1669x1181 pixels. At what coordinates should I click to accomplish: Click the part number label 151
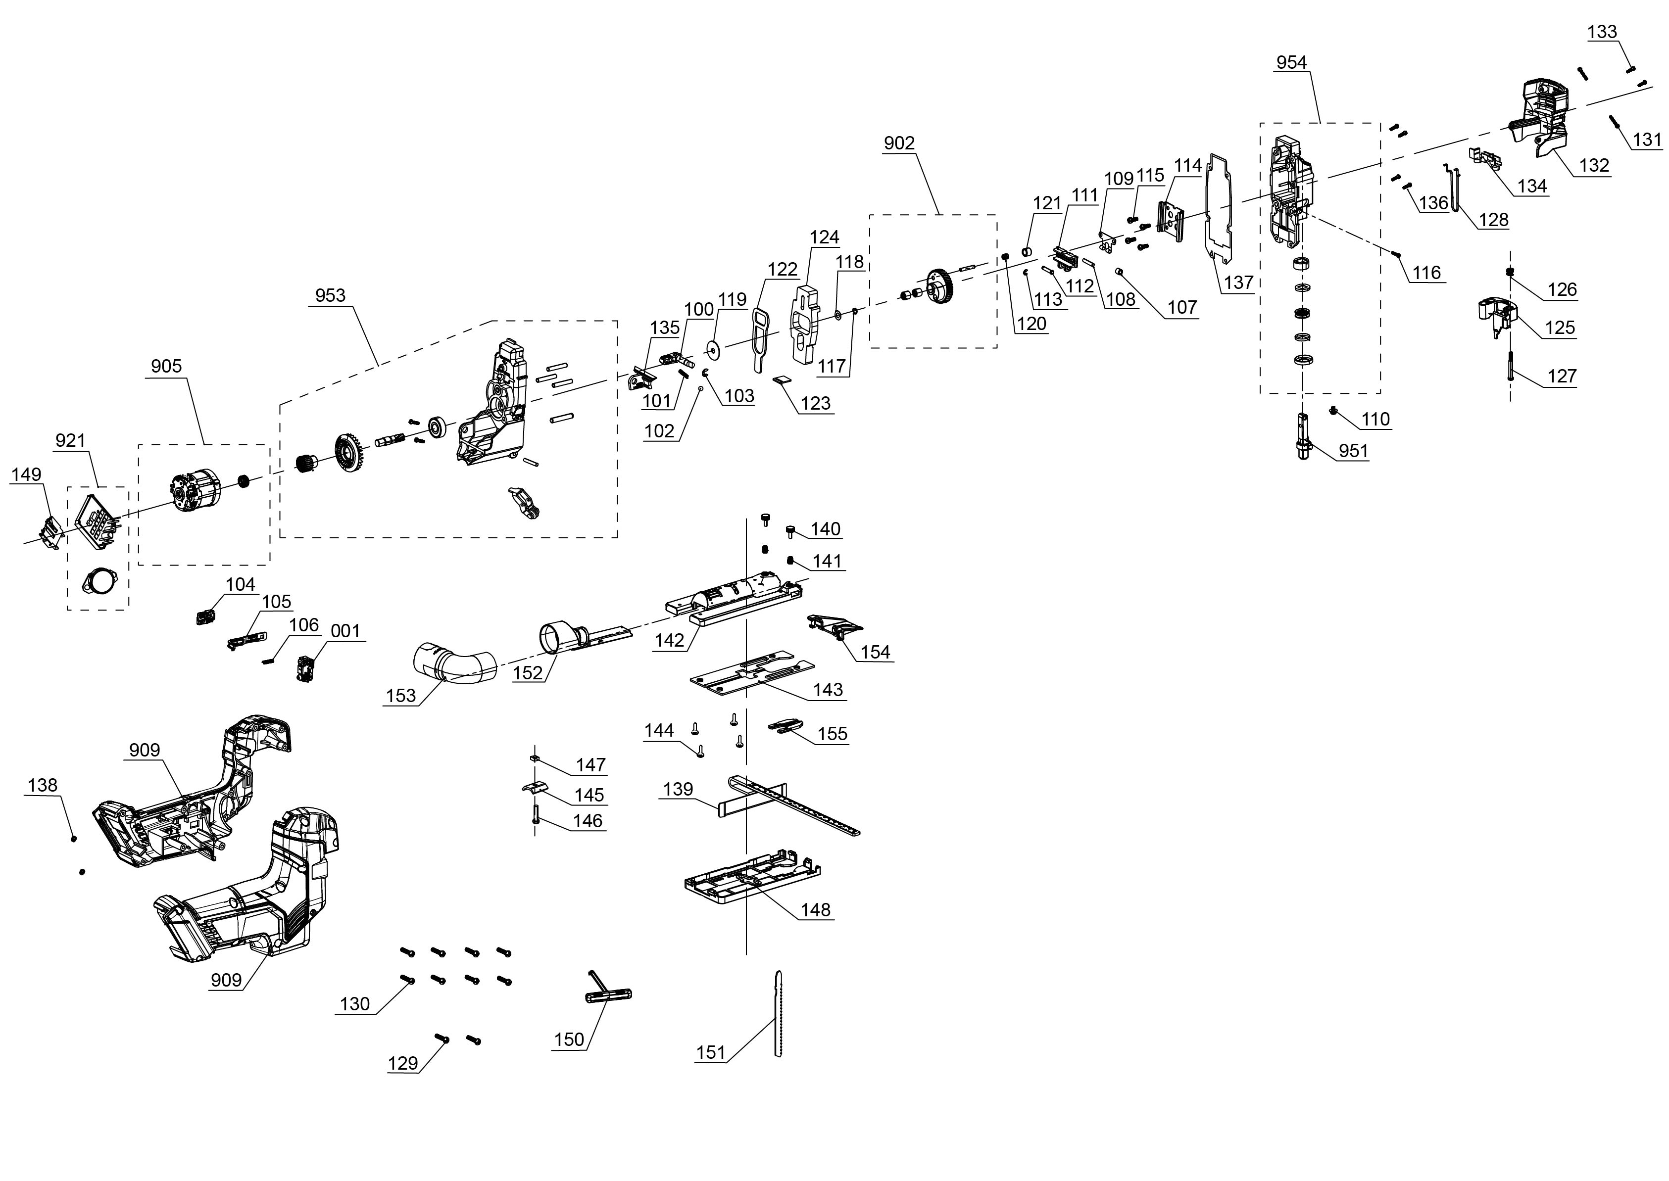[x=711, y=1052]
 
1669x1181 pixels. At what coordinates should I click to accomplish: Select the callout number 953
[x=330, y=295]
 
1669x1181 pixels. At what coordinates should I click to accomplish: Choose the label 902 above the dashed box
[x=899, y=143]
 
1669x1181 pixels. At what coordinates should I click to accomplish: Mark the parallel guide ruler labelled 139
[x=789, y=803]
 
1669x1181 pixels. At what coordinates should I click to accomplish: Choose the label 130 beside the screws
[x=355, y=1004]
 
